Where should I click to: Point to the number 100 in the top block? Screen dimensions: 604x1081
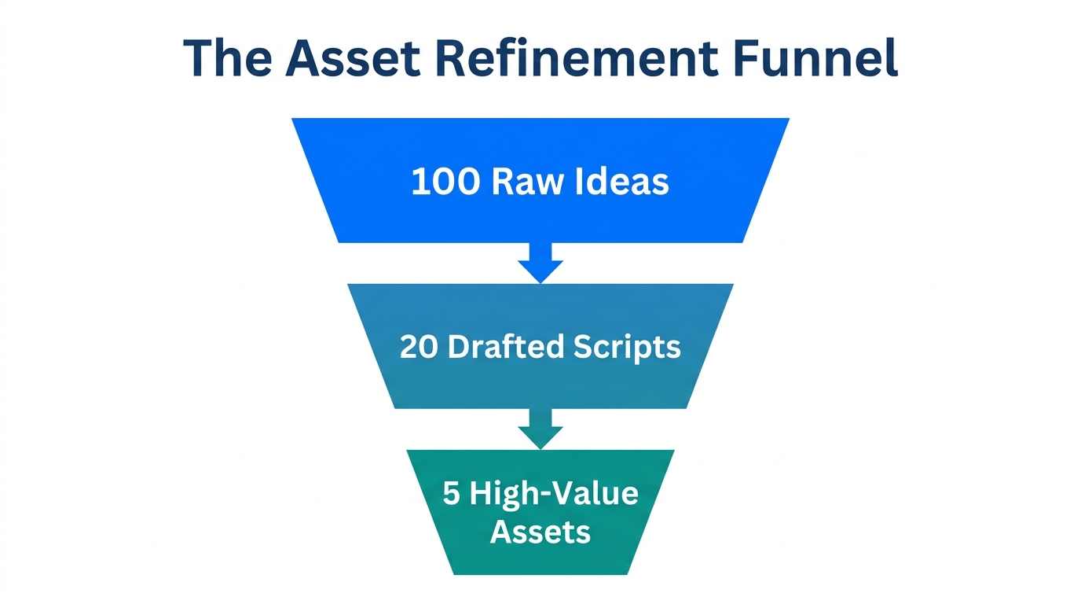[x=445, y=182]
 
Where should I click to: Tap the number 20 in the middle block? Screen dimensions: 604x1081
[x=418, y=347]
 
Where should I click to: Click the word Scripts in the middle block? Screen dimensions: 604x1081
[x=632, y=347]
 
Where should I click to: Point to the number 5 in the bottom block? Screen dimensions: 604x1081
[x=450, y=495]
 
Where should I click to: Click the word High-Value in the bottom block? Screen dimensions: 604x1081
[x=553, y=495]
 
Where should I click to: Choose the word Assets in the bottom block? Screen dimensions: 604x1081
[x=540, y=532]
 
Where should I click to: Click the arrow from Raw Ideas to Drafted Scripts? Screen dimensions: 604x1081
[x=540, y=263]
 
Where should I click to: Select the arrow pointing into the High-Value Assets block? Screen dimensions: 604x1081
[x=540, y=429]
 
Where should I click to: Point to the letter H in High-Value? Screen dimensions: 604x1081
[x=481, y=495]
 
